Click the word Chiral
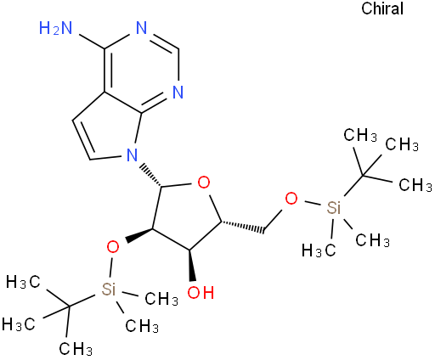[x=382, y=8]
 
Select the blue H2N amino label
[x=56, y=28]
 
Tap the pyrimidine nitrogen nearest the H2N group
[x=141, y=28]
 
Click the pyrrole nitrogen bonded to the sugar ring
[x=132, y=155]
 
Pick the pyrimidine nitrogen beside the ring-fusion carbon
[x=178, y=92]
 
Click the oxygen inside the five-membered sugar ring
[x=204, y=183]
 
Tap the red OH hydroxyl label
[x=201, y=292]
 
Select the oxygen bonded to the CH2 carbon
[x=291, y=199]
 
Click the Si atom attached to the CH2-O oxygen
[x=333, y=208]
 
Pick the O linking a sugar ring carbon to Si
[x=113, y=247]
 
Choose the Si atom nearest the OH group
[x=109, y=289]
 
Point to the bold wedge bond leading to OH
[x=192, y=265]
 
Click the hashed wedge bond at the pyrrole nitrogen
[x=151, y=174]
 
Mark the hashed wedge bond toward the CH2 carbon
[x=243, y=227]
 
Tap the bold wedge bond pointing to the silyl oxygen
[x=139, y=234]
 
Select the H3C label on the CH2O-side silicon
[x=319, y=250]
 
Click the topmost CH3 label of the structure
[x=360, y=135]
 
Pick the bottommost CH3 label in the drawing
[x=76, y=348]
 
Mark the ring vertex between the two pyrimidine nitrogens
[x=179, y=48]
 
